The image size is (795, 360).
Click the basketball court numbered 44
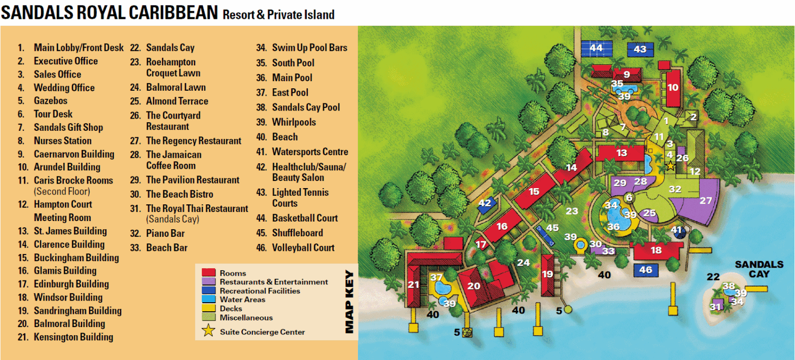click(x=596, y=49)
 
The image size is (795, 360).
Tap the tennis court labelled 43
click(x=640, y=50)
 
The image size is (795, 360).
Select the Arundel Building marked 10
click(x=673, y=87)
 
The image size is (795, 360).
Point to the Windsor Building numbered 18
click(x=656, y=250)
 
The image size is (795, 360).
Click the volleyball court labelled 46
click(x=645, y=270)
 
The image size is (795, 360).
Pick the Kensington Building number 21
click(x=414, y=284)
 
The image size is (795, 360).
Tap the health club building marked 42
click(x=485, y=203)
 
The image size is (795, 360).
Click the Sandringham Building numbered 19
click(x=547, y=275)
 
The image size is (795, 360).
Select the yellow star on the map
click(x=670, y=166)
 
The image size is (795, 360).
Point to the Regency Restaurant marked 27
click(x=706, y=200)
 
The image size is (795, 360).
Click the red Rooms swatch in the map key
click(x=209, y=273)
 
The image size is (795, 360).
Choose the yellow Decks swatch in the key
click(x=209, y=308)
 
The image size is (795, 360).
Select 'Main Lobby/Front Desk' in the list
click(x=79, y=48)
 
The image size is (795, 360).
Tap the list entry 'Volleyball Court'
click(x=303, y=247)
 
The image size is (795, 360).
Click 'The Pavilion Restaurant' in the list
click(x=193, y=180)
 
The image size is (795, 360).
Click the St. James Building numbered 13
click(x=622, y=153)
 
